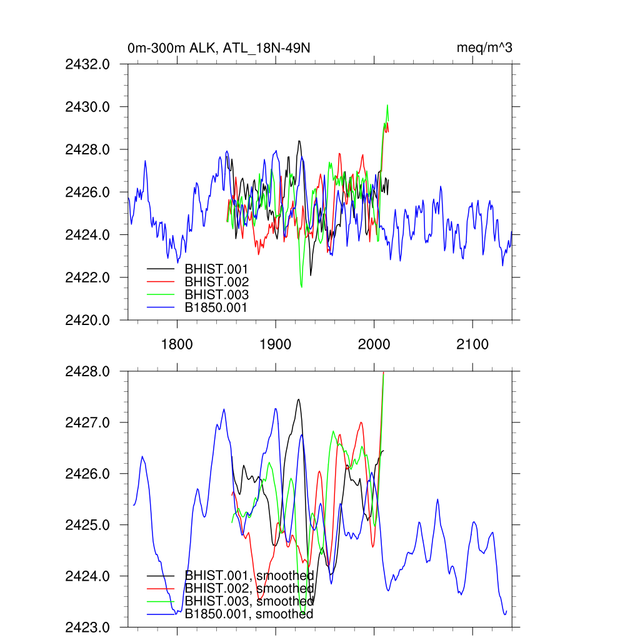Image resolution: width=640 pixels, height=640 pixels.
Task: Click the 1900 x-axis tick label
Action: point(276,344)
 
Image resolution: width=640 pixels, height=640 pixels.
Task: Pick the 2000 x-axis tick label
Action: point(374,344)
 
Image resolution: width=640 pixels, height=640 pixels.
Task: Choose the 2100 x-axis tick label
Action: point(472,344)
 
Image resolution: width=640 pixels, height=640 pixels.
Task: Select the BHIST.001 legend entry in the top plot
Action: point(212,270)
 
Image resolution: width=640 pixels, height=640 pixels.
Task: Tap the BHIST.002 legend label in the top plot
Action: point(212,282)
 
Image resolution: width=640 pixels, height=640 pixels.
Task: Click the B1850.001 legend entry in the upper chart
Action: point(216,307)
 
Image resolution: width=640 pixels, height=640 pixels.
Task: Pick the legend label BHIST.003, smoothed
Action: point(249,601)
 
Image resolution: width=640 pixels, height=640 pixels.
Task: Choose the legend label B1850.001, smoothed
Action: point(249,614)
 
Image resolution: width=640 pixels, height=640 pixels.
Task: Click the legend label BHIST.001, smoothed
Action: point(249,576)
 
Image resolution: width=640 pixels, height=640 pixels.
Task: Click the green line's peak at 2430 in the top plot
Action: point(387,105)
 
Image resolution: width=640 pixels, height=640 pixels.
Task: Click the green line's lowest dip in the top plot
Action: point(301,287)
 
